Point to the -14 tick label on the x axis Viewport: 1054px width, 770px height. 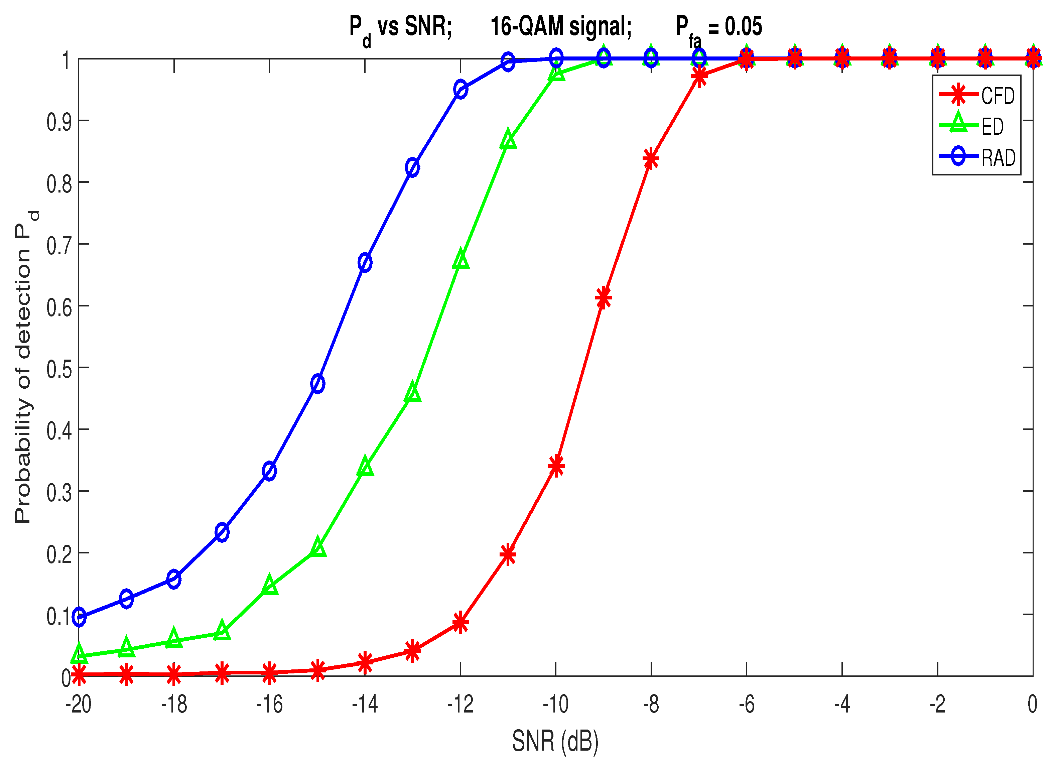tap(365, 704)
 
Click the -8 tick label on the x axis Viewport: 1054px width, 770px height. tap(651, 704)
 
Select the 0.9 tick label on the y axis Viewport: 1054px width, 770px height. tap(59, 122)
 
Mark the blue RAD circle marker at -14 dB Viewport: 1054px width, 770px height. tap(365, 262)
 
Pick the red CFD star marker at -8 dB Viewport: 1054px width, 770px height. tap(651, 159)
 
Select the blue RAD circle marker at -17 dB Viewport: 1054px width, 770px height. tap(222, 532)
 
